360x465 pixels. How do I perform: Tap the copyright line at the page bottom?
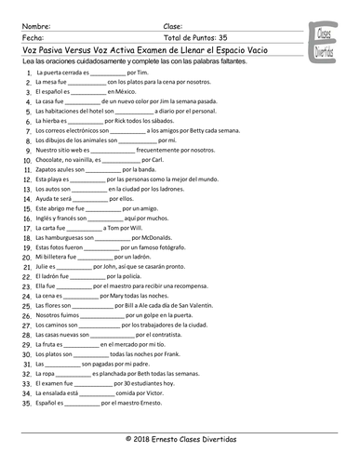pyautogui.click(x=180, y=438)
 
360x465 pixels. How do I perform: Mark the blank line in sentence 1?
pyautogui.click(x=102, y=71)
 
